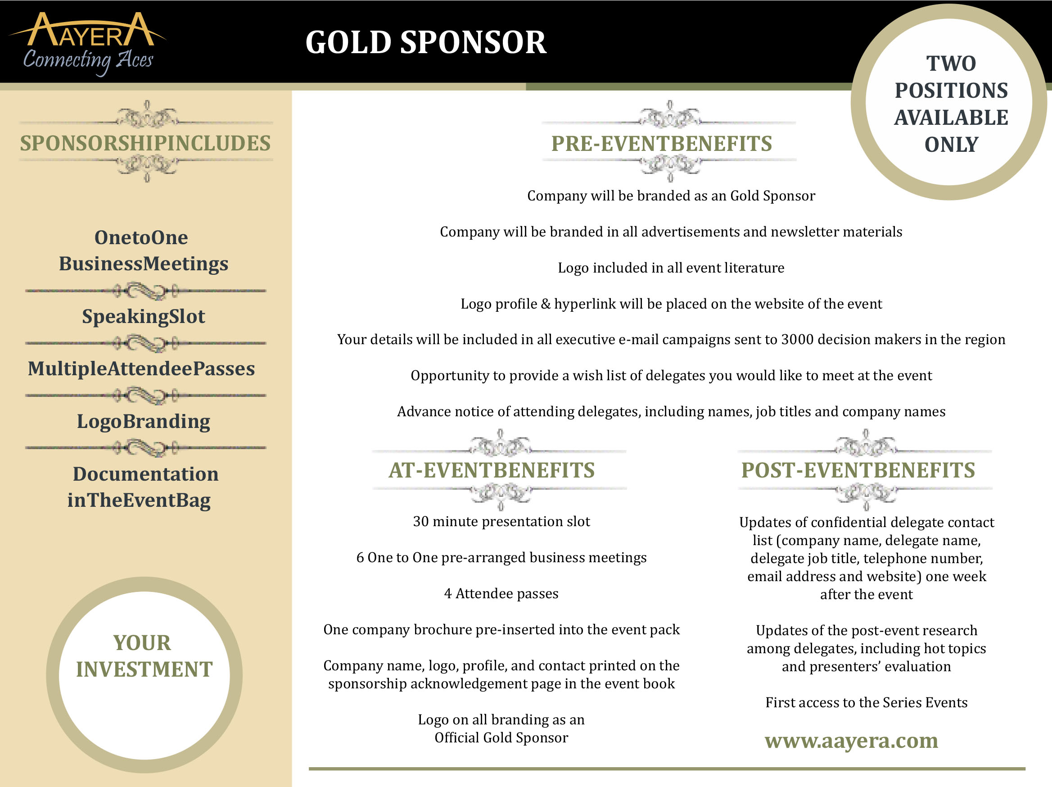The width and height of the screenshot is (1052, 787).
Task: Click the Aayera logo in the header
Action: [x=88, y=43]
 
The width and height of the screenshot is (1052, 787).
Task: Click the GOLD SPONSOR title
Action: [x=426, y=42]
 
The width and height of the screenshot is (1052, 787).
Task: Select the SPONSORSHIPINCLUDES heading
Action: [x=145, y=143]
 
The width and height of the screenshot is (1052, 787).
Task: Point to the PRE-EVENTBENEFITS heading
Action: [x=661, y=144]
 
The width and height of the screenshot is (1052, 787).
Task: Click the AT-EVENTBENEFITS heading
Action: [x=491, y=470]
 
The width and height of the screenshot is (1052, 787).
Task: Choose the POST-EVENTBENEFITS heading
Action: [x=858, y=470]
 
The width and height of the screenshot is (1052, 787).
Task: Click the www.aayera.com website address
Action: [x=851, y=740]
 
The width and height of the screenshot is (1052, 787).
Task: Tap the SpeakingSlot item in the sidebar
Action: [x=143, y=316]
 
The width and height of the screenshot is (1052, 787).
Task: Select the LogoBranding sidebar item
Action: [x=143, y=422]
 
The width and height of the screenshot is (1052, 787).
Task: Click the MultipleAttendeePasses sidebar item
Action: [x=141, y=369]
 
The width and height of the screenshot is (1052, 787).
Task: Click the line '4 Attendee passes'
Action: [x=501, y=593]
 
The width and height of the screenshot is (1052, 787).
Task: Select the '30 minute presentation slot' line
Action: [x=501, y=522]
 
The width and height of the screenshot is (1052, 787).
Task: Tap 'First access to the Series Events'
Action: [x=866, y=702]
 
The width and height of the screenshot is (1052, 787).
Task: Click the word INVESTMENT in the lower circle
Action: [x=144, y=669]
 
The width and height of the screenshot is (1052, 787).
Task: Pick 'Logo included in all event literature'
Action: [x=671, y=268]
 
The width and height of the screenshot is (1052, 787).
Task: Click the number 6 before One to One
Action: [x=360, y=558]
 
